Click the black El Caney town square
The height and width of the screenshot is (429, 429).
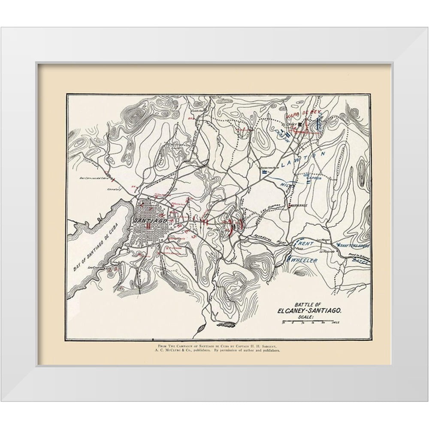click(301, 124)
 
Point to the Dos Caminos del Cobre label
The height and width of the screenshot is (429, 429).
click(92, 178)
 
